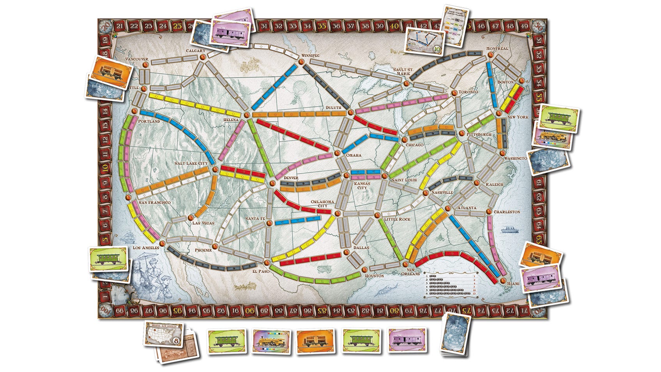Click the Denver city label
pos(291,178)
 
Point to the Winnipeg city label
pos(310,56)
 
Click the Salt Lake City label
pos(191,163)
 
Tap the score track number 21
pos(120,26)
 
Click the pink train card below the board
pos(407,340)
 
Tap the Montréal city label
pos(497,48)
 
